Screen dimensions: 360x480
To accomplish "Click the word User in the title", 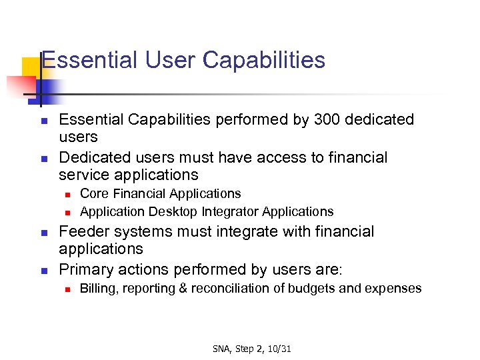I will [172, 60].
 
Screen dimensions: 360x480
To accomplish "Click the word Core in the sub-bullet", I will [94, 193].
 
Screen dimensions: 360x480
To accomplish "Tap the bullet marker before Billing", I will [67, 289].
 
